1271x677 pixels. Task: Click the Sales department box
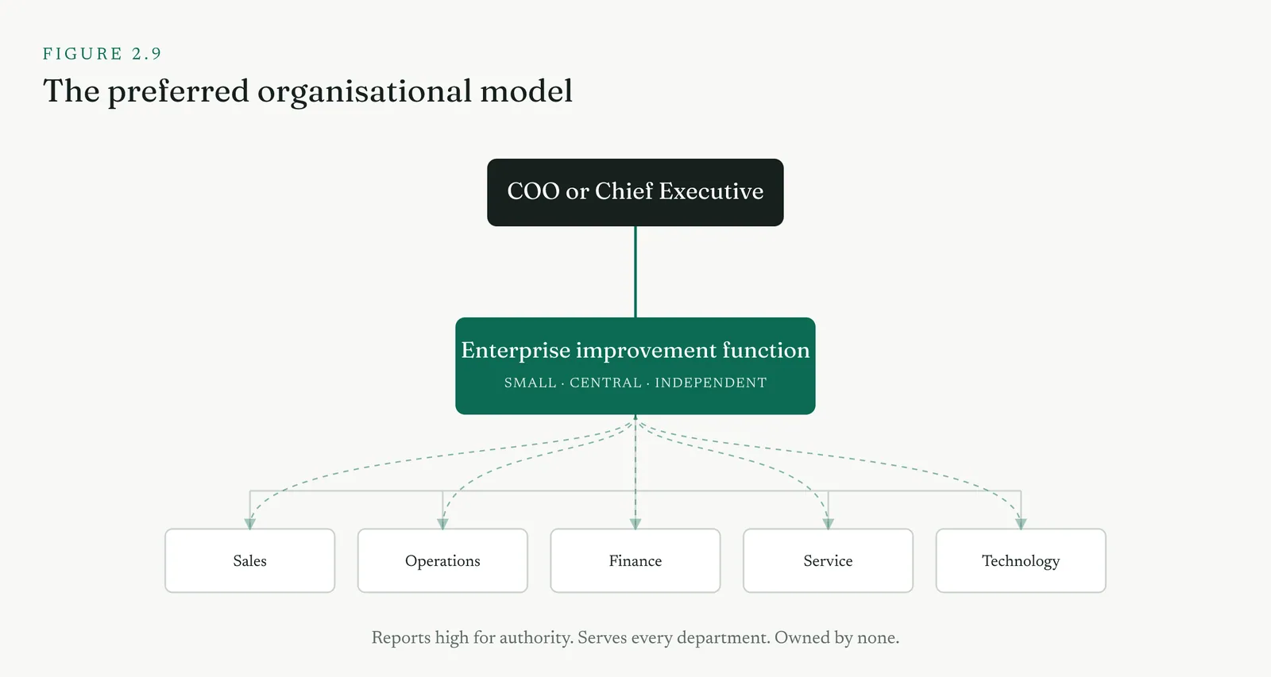click(x=249, y=561)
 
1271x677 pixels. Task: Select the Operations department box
click(x=442, y=561)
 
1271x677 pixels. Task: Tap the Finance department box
click(x=635, y=561)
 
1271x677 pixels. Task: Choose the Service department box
click(x=828, y=561)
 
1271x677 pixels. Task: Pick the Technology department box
click(x=1021, y=561)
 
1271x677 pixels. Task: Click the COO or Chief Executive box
click(x=635, y=192)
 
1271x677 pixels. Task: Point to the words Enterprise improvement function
click(x=635, y=351)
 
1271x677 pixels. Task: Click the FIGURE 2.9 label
click(x=102, y=54)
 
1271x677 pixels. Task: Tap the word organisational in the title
click(x=365, y=92)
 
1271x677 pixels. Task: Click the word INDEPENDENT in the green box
click(x=711, y=383)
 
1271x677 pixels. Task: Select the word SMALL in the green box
click(x=531, y=383)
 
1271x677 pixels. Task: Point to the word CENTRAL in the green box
click(x=605, y=383)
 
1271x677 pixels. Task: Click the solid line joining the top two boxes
click(x=635, y=271)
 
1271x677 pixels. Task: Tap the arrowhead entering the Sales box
click(x=249, y=524)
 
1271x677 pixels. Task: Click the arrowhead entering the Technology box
click(x=1021, y=524)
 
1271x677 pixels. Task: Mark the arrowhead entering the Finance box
click(x=635, y=524)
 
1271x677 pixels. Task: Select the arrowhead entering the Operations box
click(x=442, y=524)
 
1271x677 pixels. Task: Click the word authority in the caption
click(x=535, y=638)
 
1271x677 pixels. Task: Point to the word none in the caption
click(x=878, y=638)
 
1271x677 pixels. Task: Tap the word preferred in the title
click(x=178, y=92)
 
